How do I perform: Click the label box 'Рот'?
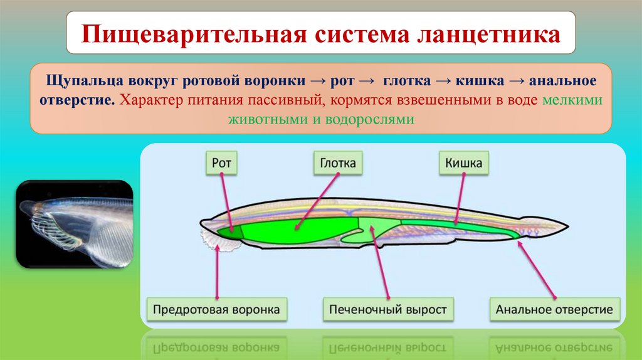pyautogui.click(x=222, y=164)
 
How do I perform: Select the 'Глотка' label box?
pyautogui.click(x=335, y=164)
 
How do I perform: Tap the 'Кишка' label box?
pyautogui.click(x=463, y=164)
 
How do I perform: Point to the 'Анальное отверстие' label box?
pyautogui.click(x=554, y=310)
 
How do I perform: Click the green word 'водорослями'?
pyautogui.click(x=376, y=119)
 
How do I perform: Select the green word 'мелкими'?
pyautogui.click(x=574, y=100)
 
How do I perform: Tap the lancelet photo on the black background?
pyautogui.click(x=74, y=224)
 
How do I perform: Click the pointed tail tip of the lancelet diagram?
pyautogui.click(x=566, y=224)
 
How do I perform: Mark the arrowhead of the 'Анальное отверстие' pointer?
pyautogui.click(x=518, y=240)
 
